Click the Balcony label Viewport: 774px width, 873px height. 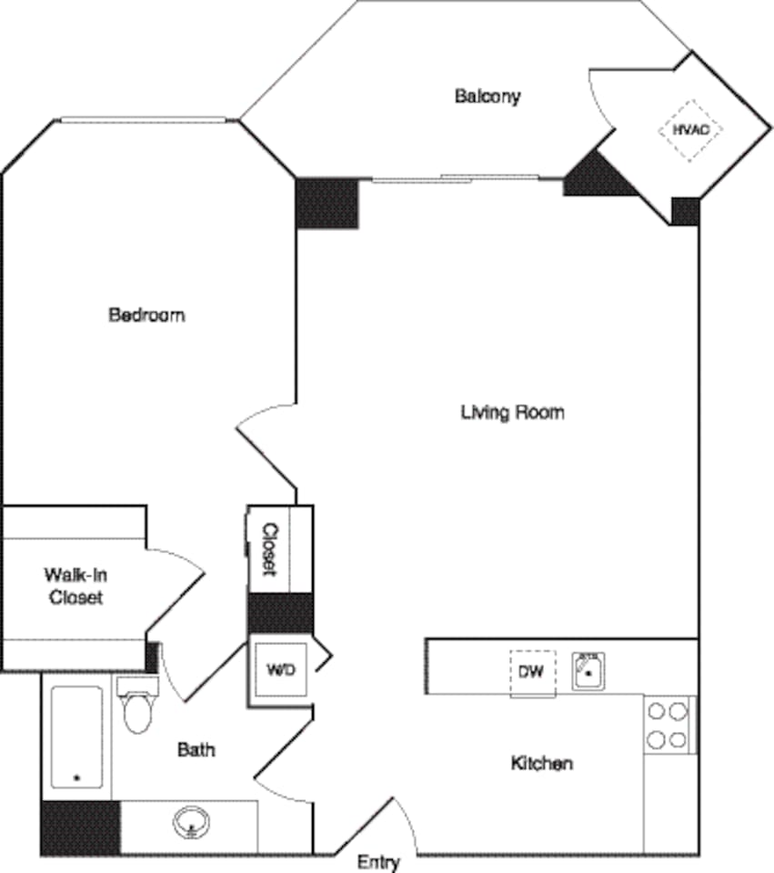click(488, 95)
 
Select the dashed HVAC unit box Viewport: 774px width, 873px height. click(690, 131)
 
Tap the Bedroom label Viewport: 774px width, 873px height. click(146, 316)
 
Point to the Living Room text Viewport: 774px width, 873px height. click(512, 412)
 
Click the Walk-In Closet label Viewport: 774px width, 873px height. click(75, 587)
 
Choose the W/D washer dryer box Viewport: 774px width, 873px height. click(279, 670)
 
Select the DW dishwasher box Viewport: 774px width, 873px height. click(532, 673)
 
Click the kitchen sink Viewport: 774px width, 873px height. click(589, 672)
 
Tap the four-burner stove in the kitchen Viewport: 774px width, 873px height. click(668, 726)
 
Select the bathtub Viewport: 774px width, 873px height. click(76, 738)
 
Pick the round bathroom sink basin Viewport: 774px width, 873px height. click(191, 823)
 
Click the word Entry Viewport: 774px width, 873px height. click(377, 862)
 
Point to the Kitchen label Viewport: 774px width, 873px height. click(541, 763)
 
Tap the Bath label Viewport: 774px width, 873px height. click(196, 750)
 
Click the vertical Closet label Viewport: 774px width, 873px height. click(270, 548)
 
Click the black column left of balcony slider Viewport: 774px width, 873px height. click(327, 203)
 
